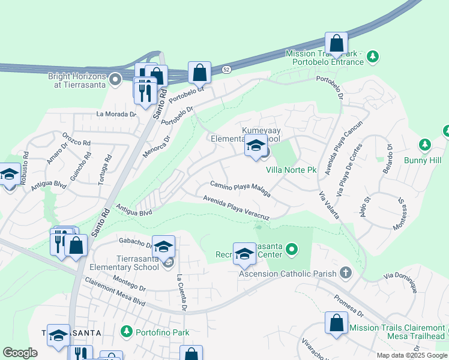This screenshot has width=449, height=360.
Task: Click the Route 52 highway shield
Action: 226,70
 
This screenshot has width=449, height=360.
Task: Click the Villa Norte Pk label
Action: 291,170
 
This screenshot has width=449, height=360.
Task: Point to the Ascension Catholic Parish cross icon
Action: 345,274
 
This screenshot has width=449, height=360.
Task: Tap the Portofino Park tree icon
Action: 126,331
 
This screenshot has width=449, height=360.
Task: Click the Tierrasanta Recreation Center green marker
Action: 292,248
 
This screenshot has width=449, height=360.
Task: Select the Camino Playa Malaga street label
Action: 240,189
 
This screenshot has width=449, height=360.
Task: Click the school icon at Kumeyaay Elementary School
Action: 256,146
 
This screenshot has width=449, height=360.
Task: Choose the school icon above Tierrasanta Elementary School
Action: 163,246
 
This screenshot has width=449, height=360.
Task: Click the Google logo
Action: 20,353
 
